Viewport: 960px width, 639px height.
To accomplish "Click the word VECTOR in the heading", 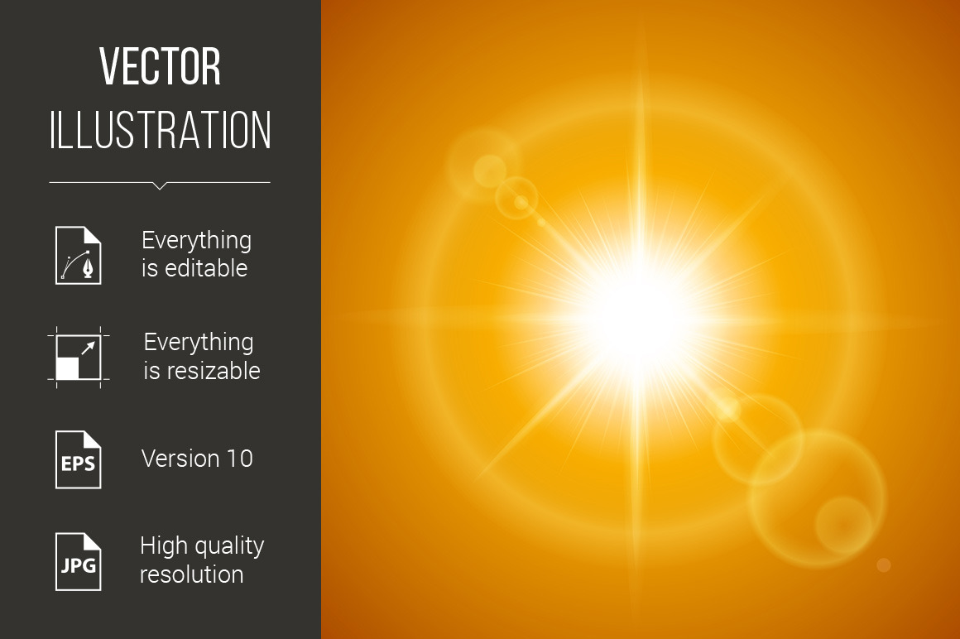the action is click(160, 66).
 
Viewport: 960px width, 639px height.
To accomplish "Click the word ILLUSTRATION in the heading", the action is click(160, 130).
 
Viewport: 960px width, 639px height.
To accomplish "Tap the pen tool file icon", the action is click(79, 255).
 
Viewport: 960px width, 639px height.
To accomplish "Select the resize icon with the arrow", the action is click(79, 358).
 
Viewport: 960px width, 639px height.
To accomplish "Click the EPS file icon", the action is click(79, 459).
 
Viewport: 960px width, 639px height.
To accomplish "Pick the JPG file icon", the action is click(79, 562).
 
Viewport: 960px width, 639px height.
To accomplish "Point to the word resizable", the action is click(214, 371).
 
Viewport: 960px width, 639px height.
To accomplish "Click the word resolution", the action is click(192, 574).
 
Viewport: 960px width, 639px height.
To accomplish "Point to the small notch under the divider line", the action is click(160, 185).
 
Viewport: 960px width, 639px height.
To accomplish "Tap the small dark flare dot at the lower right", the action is click(884, 565).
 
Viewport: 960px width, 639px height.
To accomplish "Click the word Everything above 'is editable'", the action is click(196, 241).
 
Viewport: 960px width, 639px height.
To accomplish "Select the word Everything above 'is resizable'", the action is click(199, 343).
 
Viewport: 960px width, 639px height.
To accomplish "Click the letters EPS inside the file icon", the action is click(79, 464).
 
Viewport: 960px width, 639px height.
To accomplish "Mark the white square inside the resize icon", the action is click(67, 368).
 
